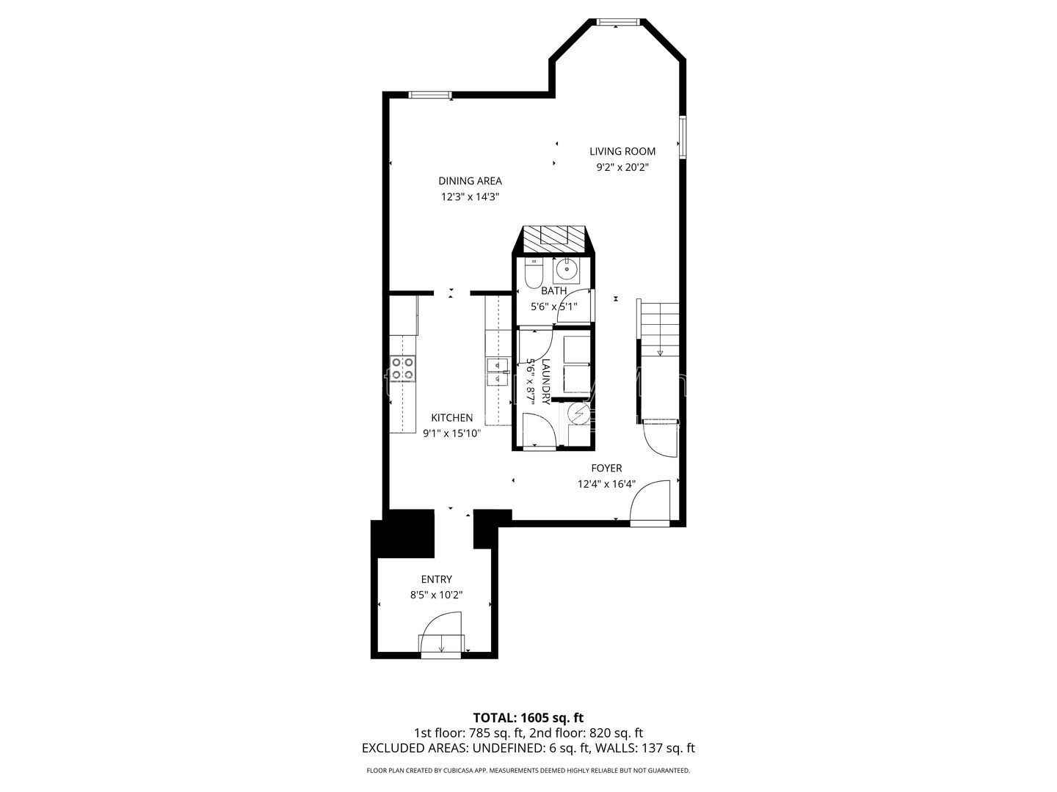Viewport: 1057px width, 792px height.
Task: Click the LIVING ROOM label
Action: tap(622, 152)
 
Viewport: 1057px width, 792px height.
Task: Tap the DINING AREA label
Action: tap(470, 181)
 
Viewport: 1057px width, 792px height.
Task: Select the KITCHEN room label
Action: tap(451, 418)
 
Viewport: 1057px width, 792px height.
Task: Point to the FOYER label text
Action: tap(606, 468)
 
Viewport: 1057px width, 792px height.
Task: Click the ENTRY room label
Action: tap(436, 579)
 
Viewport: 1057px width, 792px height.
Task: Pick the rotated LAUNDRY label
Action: tap(546, 382)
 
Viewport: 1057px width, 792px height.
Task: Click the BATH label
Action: tap(553, 291)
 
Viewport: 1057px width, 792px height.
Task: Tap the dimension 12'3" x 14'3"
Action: tap(470, 197)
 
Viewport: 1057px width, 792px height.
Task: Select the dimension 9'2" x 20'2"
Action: tap(622, 167)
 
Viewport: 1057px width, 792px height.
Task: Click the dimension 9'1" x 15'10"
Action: tap(451, 433)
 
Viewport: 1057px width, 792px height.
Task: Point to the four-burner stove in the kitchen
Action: tap(402, 369)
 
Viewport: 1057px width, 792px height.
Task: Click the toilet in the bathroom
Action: tap(534, 273)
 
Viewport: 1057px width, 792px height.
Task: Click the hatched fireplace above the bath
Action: tap(553, 239)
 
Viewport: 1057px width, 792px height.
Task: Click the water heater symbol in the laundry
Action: tap(578, 413)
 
